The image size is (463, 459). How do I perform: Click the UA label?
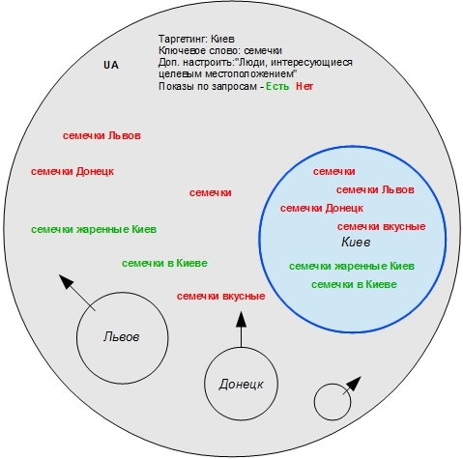[111, 65]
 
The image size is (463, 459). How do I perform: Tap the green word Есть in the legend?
[277, 86]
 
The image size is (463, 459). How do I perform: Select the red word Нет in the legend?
[304, 86]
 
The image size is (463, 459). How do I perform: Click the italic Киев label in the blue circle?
[356, 242]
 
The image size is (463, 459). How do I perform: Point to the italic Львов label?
[122, 336]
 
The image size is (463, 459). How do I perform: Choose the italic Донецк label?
[241, 384]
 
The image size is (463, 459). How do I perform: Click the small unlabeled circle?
[333, 402]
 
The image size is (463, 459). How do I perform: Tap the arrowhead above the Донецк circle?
[241, 320]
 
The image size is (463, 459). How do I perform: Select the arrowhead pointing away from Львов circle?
[67, 281]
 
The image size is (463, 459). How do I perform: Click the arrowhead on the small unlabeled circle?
[354, 384]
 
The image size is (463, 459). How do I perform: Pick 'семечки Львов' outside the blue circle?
[101, 135]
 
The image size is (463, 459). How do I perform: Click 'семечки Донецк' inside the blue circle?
[322, 208]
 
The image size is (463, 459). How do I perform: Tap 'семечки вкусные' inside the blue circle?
[381, 226]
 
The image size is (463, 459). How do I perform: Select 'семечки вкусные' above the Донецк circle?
[221, 296]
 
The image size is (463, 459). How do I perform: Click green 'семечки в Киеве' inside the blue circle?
[354, 284]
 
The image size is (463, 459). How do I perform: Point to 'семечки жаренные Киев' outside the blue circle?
[94, 229]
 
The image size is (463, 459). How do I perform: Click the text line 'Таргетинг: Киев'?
[196, 39]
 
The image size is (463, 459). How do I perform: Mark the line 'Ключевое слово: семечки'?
[220, 50]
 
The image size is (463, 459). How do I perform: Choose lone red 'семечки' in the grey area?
[211, 192]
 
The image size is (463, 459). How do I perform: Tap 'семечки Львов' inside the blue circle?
[375, 189]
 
